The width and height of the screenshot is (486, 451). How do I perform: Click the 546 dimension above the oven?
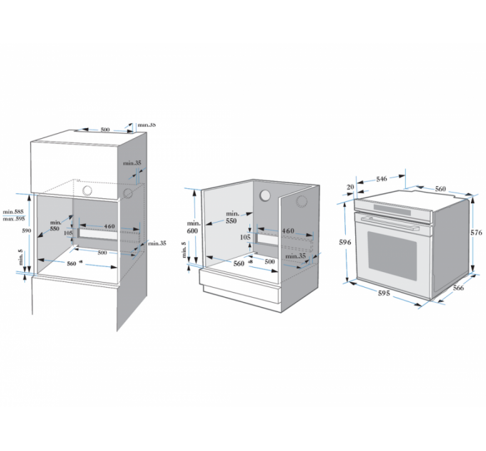(x=382, y=178)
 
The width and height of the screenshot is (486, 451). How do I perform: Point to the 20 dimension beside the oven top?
(x=350, y=188)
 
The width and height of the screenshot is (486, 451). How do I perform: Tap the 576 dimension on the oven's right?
(x=477, y=233)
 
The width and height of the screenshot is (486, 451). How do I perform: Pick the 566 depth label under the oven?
(x=458, y=288)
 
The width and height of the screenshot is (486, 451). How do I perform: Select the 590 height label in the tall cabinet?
(x=25, y=231)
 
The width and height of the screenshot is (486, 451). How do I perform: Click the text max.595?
(x=15, y=218)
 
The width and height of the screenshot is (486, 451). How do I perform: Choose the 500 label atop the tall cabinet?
(x=105, y=130)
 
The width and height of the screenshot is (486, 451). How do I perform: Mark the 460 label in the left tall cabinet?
(x=109, y=227)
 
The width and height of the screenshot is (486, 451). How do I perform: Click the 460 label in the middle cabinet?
(x=288, y=231)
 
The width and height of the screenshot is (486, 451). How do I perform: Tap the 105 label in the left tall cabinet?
(x=69, y=233)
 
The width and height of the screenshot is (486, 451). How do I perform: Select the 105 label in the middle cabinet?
(x=245, y=237)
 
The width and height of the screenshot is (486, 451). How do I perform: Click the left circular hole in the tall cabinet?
(x=87, y=192)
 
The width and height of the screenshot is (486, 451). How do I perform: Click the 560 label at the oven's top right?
(x=440, y=189)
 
